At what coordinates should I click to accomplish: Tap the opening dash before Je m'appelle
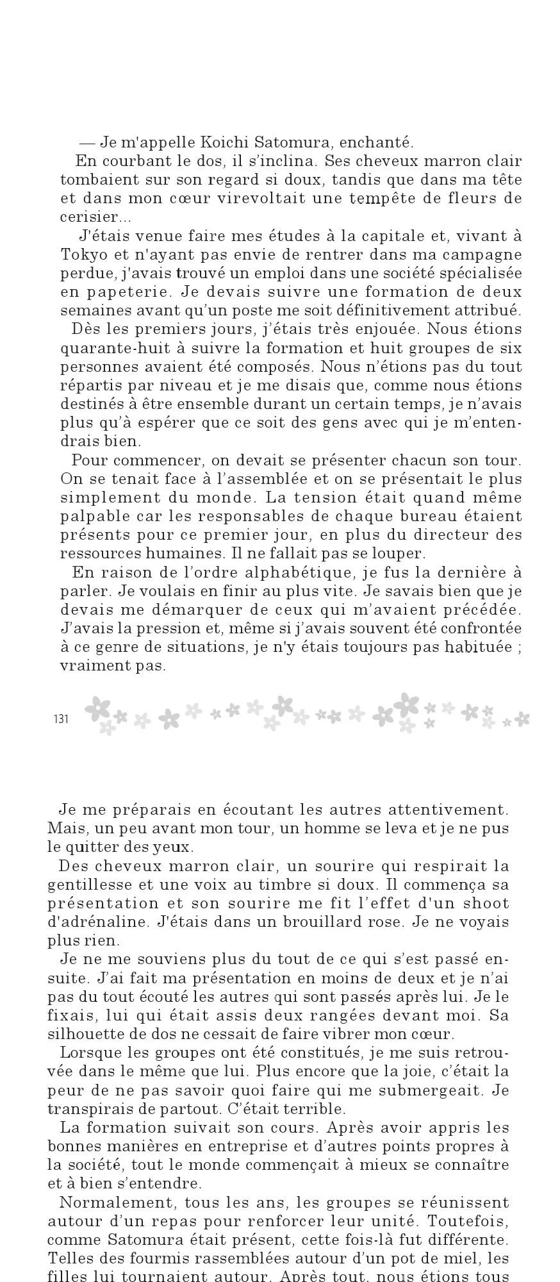coord(87,142)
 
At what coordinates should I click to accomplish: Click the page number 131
coord(61,719)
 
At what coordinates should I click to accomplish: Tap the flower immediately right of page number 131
coord(97,708)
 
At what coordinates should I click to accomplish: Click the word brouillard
coord(324,922)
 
